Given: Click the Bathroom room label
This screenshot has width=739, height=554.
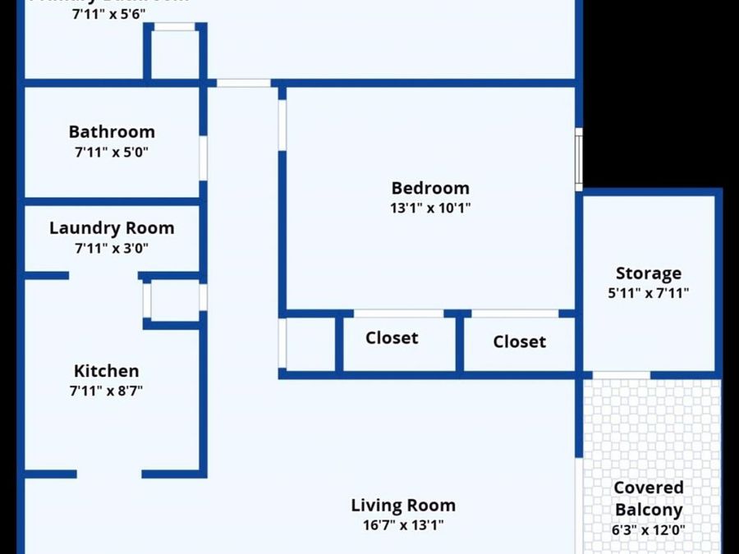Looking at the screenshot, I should tap(112, 132).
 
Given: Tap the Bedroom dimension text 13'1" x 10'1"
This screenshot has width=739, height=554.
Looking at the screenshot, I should tap(430, 208).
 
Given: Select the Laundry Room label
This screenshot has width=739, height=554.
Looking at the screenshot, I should tap(112, 228).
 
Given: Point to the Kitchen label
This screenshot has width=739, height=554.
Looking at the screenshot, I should tap(107, 371).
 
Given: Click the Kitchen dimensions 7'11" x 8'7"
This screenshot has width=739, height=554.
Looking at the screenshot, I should tap(107, 391).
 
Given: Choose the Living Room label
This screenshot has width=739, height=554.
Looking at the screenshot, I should tap(403, 506).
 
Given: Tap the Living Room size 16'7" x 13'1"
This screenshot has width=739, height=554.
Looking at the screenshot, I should tap(403, 525).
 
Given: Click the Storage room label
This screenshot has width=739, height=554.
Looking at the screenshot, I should tap(649, 273).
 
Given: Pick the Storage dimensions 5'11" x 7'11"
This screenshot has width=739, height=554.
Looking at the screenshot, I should tap(649, 293).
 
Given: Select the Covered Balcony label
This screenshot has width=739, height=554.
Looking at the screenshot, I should tap(649, 499).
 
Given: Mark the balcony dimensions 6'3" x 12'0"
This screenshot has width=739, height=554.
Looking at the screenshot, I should tap(649, 529).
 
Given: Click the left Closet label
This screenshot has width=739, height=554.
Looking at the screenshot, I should tap(392, 338).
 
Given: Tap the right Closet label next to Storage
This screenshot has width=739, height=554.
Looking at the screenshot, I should tap(520, 341).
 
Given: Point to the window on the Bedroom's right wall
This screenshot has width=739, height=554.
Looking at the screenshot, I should tap(579, 158).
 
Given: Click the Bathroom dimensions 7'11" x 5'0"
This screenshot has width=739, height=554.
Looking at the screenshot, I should tap(112, 152).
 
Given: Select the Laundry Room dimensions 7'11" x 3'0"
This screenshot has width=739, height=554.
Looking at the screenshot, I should tap(112, 248).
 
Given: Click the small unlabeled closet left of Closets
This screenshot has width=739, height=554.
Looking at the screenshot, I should tap(310, 343).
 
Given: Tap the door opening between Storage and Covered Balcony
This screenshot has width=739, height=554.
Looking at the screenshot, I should tap(621, 375).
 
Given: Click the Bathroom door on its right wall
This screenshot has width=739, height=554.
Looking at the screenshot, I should tap(203, 158).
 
